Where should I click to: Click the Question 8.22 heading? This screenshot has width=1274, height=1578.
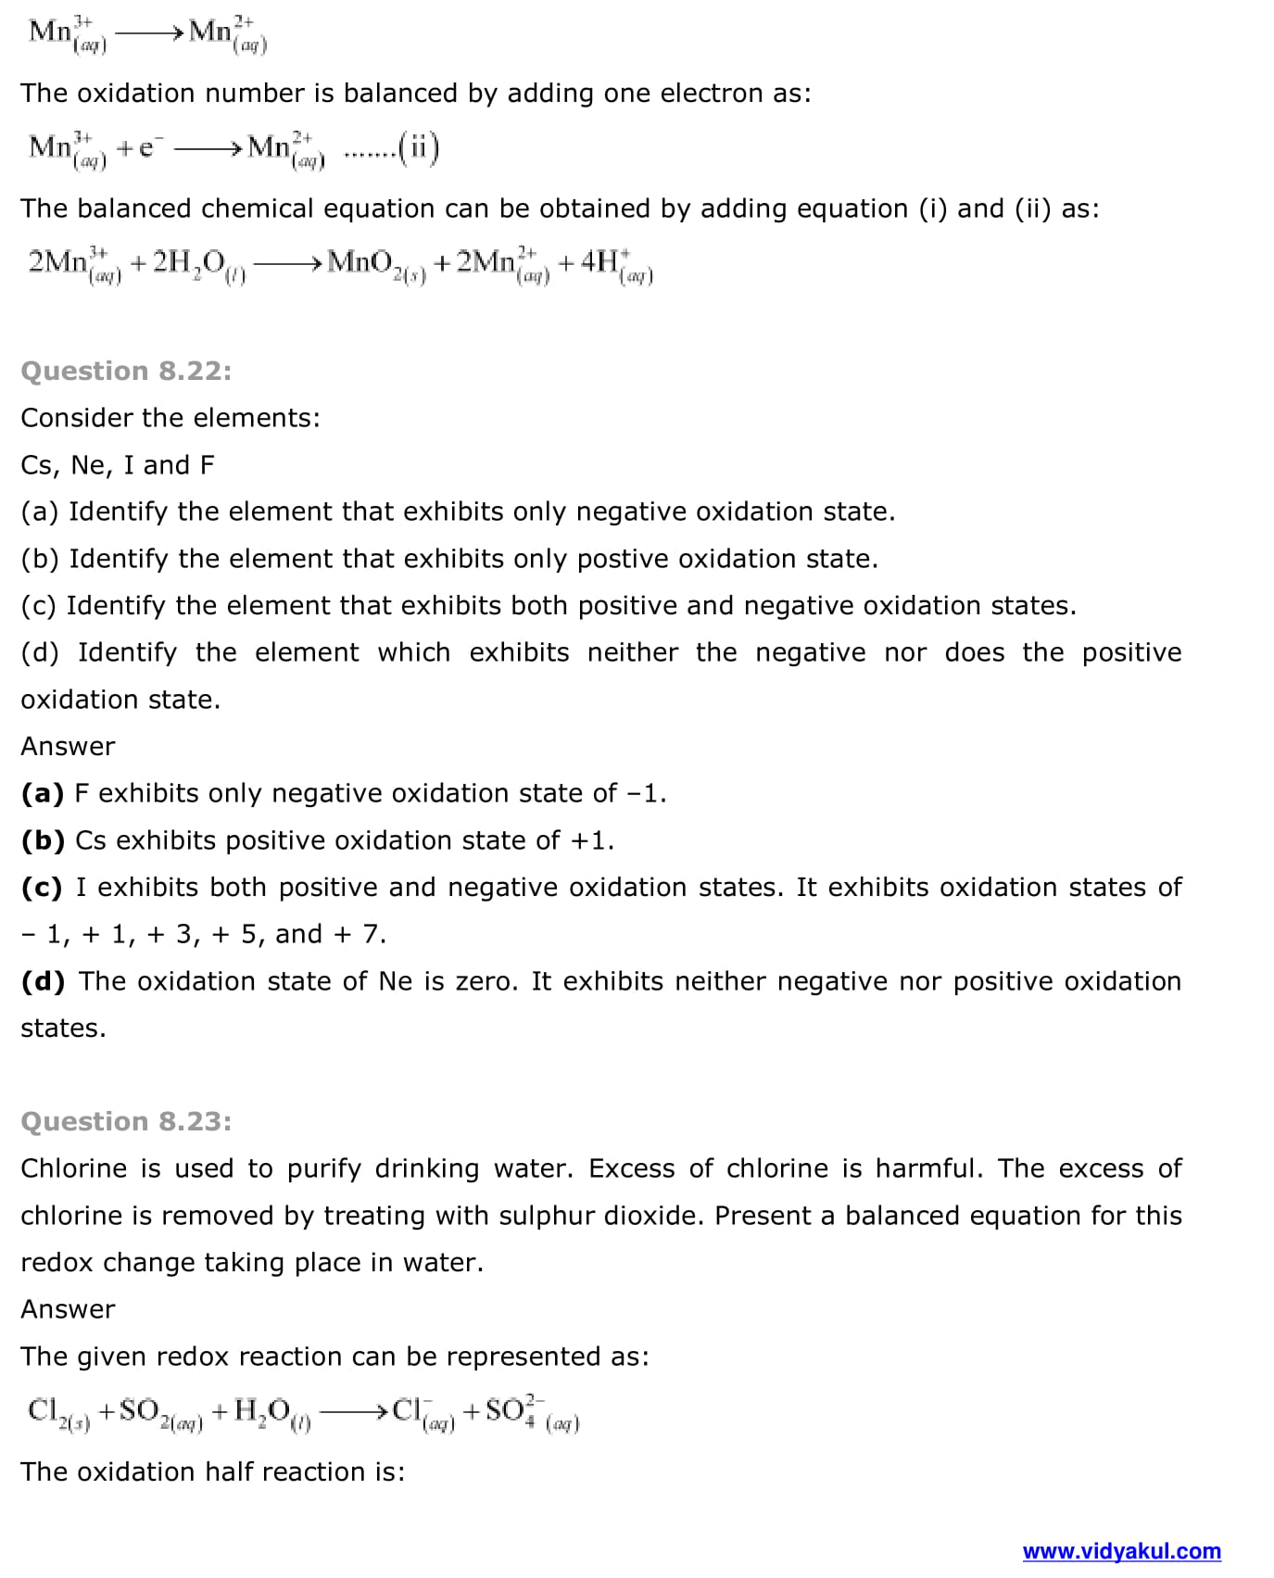pos(126,371)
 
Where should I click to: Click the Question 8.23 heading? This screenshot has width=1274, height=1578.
pos(126,1121)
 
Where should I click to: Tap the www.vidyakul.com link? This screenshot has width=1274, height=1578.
pos(1121,1550)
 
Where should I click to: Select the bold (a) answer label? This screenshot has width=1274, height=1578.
pos(42,793)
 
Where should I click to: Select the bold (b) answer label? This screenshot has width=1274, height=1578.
pos(43,840)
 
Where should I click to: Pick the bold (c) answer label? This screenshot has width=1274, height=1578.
pos(42,887)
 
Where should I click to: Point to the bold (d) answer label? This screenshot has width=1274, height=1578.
pos(43,981)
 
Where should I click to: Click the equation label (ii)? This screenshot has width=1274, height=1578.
pos(419,148)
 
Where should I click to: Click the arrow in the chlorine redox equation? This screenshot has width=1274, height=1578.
pos(351,1412)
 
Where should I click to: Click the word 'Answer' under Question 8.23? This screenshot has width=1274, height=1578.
pos(68,1309)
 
